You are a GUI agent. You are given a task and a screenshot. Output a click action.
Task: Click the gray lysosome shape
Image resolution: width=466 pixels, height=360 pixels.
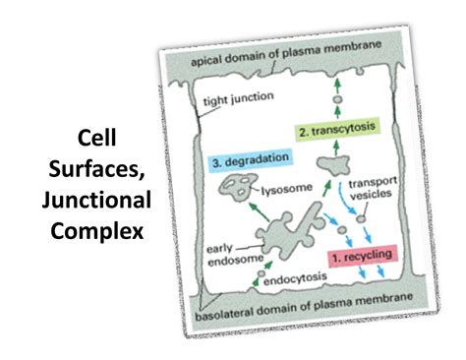235,188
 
